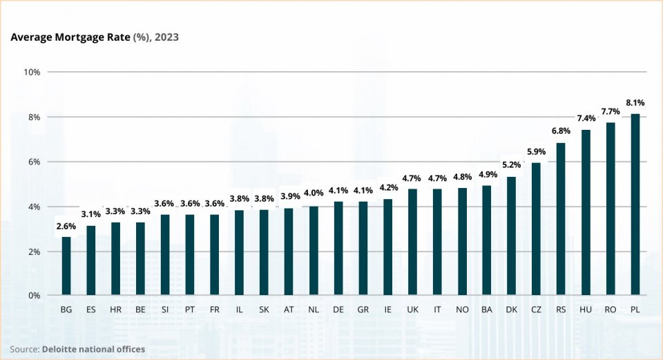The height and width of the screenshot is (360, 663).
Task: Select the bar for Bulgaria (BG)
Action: click(66, 266)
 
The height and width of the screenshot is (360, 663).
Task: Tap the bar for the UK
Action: click(412, 242)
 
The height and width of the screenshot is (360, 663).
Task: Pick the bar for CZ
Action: click(536, 229)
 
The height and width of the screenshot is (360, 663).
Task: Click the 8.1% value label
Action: click(635, 103)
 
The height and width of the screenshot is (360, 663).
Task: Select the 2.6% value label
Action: click(66, 226)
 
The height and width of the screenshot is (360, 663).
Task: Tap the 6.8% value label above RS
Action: click(561, 131)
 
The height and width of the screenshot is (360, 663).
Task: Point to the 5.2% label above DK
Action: click(511, 165)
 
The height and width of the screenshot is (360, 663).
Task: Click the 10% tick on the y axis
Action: click(32, 72)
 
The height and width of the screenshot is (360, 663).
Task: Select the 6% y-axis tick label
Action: click(33, 162)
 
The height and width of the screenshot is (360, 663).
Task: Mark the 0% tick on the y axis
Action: click(33, 296)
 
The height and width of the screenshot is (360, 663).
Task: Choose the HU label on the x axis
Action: click(586, 310)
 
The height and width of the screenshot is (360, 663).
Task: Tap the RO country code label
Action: click(611, 310)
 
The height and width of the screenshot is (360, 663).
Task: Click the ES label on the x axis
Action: click(91, 310)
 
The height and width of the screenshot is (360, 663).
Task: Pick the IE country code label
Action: click(387, 310)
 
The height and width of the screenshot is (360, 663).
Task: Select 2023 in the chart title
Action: click(166, 37)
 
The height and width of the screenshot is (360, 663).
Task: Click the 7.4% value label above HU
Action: click(586, 118)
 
